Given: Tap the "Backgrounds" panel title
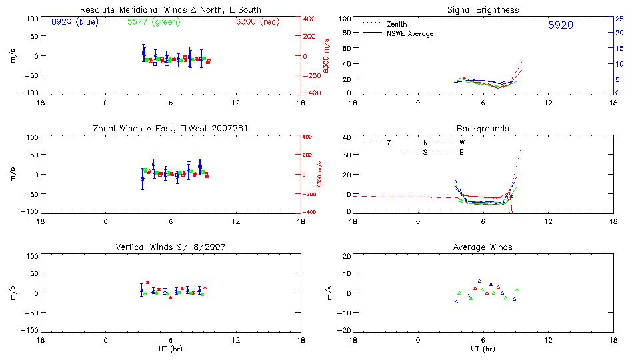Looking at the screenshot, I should coord(483,128).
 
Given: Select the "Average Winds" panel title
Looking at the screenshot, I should coord(483,247).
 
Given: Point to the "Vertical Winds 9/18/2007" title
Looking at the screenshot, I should coord(171,247).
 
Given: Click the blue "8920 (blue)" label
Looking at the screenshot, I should coord(74,22).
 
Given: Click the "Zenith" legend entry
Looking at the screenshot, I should coord(397,24).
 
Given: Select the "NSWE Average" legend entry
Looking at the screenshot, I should coord(410,33).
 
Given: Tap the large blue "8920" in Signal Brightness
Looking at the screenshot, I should coord(560,25).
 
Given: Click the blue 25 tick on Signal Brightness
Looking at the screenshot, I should coord(619,19).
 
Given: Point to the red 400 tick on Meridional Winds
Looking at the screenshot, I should coord(310,19).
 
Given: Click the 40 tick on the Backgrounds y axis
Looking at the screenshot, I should coord(345,138).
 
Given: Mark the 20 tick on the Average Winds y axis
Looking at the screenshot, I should coord(345,257).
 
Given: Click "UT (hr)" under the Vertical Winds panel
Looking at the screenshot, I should coord(171,349).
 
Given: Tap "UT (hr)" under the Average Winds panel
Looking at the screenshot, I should coord(483,349).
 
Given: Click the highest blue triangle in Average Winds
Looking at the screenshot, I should coord(479,281).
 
